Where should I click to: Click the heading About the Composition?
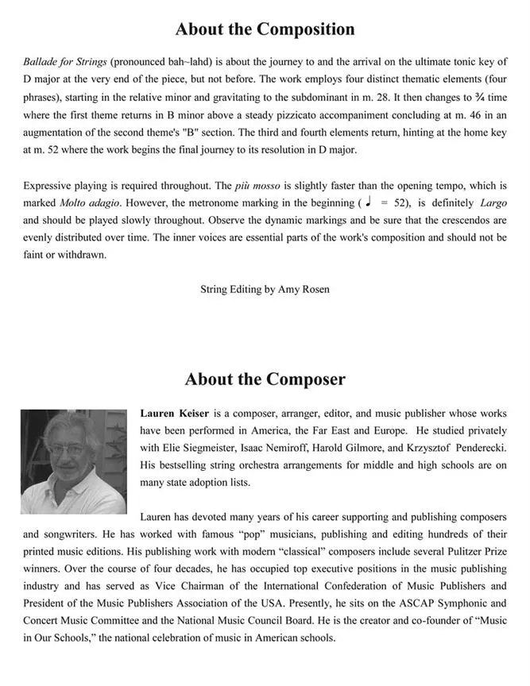pyautogui.click(x=265, y=30)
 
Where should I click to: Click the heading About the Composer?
pyautogui.click(x=265, y=379)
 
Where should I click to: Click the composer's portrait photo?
pyautogui.click(x=73, y=461)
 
